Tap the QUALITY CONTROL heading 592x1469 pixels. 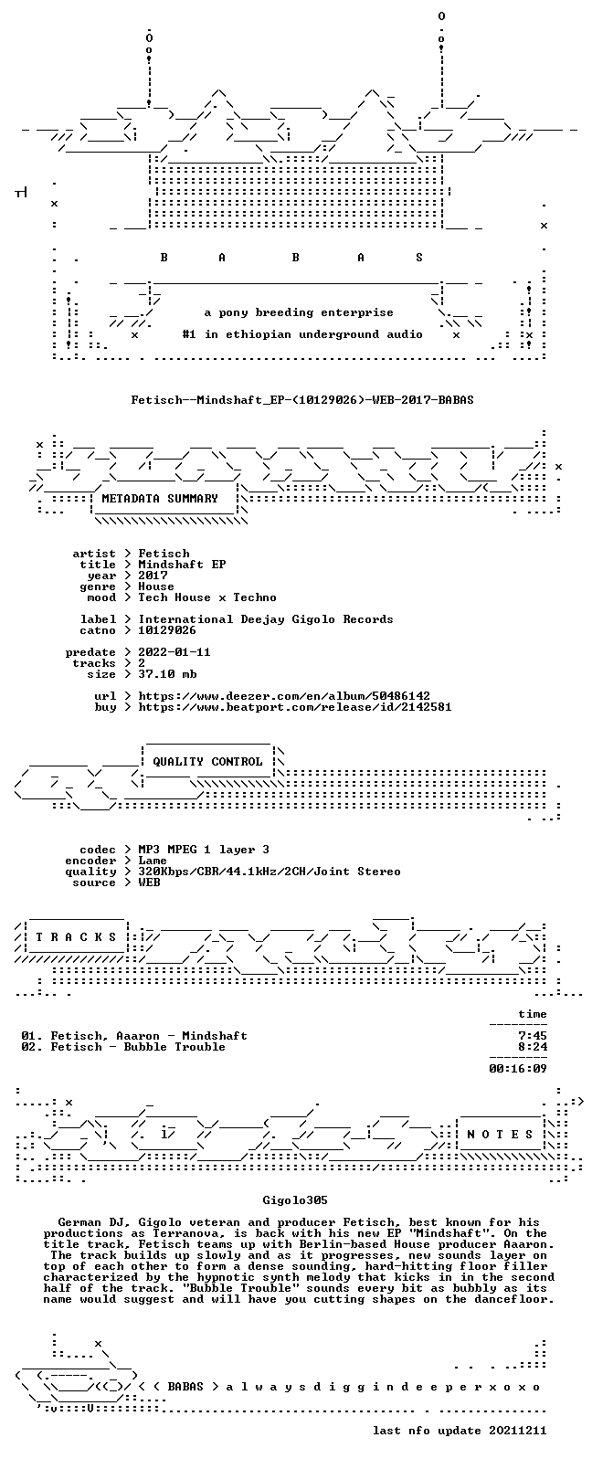coord(207,762)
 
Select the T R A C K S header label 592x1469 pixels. coord(76,937)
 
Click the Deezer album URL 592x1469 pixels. coord(284,696)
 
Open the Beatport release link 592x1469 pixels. coord(295,707)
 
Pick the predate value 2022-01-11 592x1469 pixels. coord(174,652)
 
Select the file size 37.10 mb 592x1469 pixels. coord(167,674)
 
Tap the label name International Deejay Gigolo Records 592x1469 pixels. coord(266,619)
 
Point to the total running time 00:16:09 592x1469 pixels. coord(518,1068)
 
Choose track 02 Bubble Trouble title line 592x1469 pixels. coord(123,1047)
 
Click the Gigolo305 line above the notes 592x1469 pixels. coord(295,1200)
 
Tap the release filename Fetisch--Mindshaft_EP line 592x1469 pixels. coord(302,400)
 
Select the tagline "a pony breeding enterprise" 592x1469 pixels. coord(299,312)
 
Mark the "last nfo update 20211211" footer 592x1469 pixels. coord(460,1431)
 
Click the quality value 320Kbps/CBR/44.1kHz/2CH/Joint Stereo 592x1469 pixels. coord(270,872)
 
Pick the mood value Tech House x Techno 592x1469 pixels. coord(207,597)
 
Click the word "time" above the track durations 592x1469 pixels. coord(533,1014)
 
